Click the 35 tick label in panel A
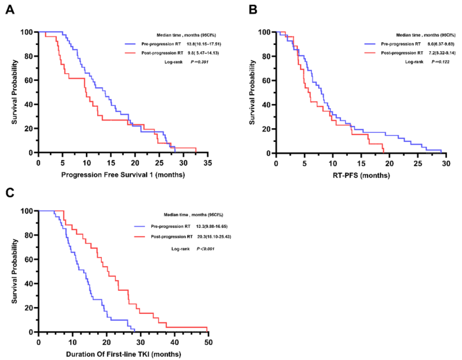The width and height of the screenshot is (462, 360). coord(207,163)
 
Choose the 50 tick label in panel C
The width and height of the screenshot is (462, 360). coord(207,342)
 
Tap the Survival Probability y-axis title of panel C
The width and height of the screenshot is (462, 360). coord(15,271)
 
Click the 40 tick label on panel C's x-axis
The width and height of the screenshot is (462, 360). coord(174,342)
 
